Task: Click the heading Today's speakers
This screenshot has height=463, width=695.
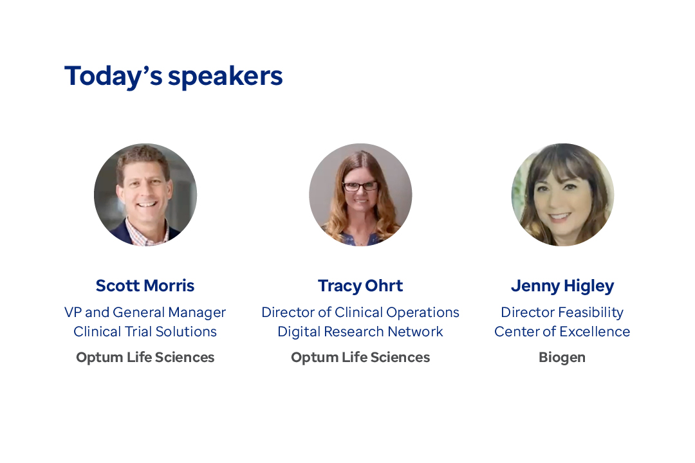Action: point(173,77)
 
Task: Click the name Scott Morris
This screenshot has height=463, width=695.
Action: point(145,286)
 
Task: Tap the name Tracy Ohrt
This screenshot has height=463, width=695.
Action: point(360,286)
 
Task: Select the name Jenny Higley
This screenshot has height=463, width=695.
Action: point(562,286)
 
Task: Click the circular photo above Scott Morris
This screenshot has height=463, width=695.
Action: point(145,194)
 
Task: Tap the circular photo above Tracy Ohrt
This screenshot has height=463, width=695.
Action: point(360,194)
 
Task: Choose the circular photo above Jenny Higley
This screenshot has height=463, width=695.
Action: point(562,194)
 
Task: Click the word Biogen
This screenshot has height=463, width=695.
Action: point(562,358)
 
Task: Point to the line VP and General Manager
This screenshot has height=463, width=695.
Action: point(145,313)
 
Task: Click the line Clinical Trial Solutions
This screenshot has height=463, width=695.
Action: point(145,331)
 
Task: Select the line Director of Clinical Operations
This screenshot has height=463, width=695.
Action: point(360,313)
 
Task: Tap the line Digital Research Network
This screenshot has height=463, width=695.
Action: point(360,332)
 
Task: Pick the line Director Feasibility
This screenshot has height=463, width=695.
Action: point(562,313)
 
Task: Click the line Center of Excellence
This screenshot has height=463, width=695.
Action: point(562,331)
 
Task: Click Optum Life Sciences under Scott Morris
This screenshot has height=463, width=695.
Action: point(145,358)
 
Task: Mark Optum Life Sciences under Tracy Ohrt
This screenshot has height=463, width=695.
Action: point(360,358)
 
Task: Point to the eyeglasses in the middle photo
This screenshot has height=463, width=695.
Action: point(360,186)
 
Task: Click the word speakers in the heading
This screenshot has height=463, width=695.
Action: point(225,77)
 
